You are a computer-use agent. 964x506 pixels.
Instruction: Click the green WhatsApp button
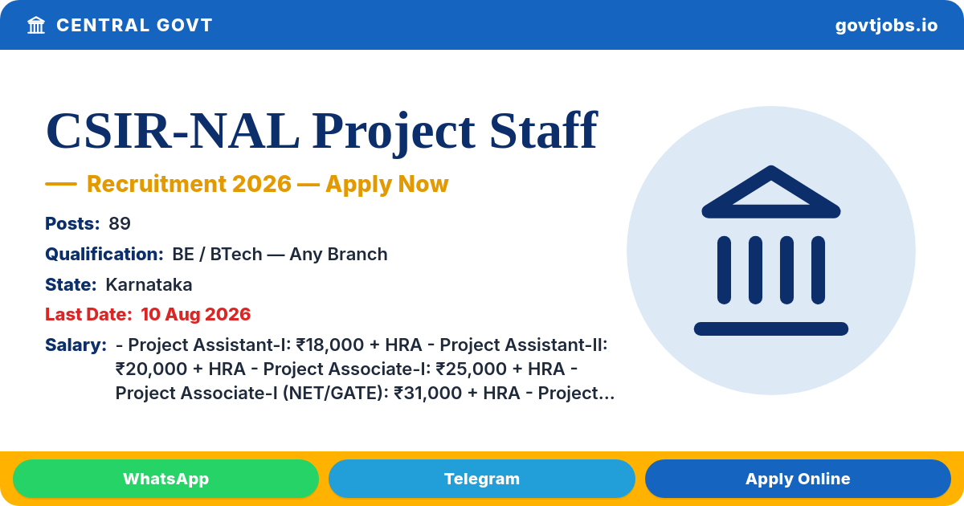(165, 479)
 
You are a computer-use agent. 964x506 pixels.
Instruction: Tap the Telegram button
(481, 479)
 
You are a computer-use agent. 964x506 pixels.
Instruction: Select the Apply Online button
(798, 479)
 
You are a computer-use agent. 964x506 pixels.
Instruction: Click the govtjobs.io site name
(886, 26)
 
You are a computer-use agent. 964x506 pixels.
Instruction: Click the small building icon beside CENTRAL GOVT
(36, 25)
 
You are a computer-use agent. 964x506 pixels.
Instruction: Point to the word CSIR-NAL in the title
(173, 130)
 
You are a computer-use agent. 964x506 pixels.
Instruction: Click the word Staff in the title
(544, 129)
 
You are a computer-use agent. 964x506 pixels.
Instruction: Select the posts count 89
(120, 224)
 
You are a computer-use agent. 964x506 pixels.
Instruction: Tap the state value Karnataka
(149, 285)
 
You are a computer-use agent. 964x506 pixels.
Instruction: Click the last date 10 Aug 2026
(196, 315)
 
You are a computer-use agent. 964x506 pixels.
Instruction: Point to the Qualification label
(104, 255)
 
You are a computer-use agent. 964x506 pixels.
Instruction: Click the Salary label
(76, 345)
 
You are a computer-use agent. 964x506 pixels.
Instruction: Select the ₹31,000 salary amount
(427, 394)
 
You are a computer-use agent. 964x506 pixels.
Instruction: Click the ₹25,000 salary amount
(469, 369)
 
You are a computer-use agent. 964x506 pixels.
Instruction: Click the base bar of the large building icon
(770, 328)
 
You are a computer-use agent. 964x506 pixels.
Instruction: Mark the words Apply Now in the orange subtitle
(387, 184)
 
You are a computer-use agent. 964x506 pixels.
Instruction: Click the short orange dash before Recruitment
(61, 184)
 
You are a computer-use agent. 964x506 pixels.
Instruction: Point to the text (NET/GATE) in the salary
(336, 394)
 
